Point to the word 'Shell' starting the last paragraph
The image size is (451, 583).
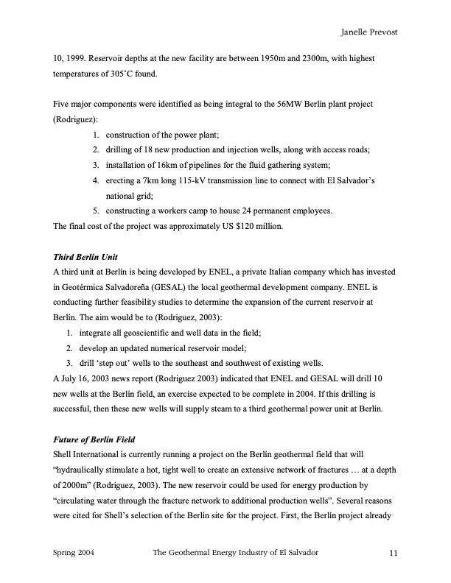point(65,455)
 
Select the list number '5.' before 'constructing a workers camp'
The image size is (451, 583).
point(97,211)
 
